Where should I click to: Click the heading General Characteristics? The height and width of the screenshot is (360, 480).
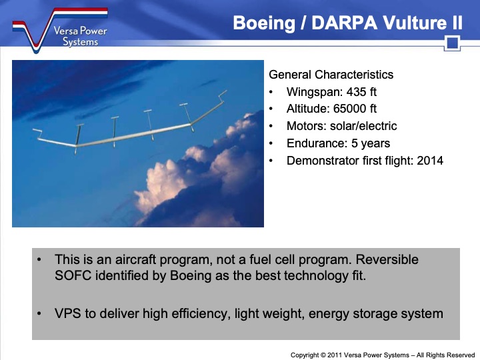331,75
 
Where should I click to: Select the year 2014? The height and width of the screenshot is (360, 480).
430,161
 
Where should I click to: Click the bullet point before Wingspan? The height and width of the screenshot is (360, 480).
271,93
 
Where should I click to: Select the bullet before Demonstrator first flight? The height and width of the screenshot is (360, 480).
271,161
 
